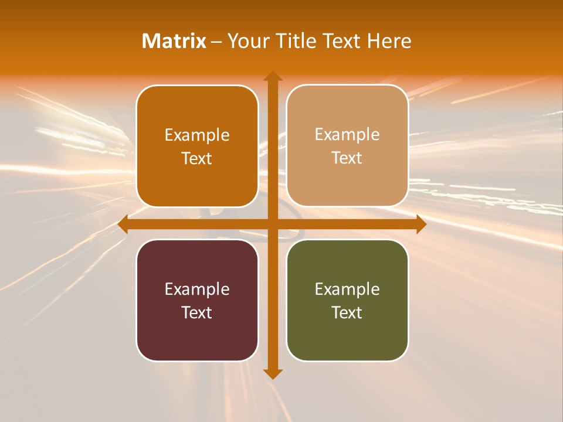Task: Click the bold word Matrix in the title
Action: pyautogui.click(x=174, y=41)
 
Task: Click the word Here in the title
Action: pyautogui.click(x=389, y=41)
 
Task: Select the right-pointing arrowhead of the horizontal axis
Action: pyautogui.click(x=420, y=224)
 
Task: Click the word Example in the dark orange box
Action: pyautogui.click(x=197, y=135)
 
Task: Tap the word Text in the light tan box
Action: pyautogui.click(x=347, y=158)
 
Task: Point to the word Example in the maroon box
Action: pyautogui.click(x=197, y=290)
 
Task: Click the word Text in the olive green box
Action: pyautogui.click(x=347, y=312)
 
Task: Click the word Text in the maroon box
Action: pyautogui.click(x=197, y=312)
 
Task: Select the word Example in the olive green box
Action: pyautogui.click(x=347, y=290)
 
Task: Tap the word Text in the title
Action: pyautogui.click(x=341, y=41)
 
